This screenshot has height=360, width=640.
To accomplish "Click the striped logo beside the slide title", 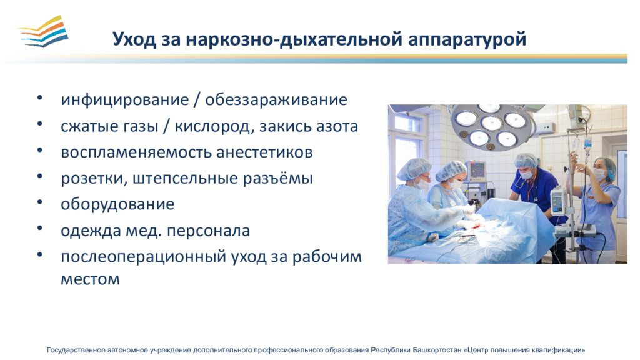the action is click(44, 32).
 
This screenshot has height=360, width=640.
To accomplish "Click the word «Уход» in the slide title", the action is click(134, 39).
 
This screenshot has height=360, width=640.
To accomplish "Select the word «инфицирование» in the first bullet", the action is click(125, 100).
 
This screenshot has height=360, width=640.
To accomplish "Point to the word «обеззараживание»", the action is click(276, 100).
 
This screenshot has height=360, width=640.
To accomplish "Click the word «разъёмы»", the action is click(278, 178).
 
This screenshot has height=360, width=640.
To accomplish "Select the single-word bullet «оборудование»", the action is click(117, 204).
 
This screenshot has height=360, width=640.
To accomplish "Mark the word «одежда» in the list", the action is click(91, 231).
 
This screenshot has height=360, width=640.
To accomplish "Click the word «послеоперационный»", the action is click(144, 257).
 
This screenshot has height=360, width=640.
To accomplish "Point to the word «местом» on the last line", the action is click(90, 279).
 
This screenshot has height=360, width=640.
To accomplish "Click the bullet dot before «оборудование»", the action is click(39, 202).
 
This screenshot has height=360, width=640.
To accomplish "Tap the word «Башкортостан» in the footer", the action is click(437, 350).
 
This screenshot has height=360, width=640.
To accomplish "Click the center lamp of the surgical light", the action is click(491, 123).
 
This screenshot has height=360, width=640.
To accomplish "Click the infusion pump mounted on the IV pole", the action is click(557, 201).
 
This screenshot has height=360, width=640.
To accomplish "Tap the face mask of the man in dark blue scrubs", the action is click(526, 174).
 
